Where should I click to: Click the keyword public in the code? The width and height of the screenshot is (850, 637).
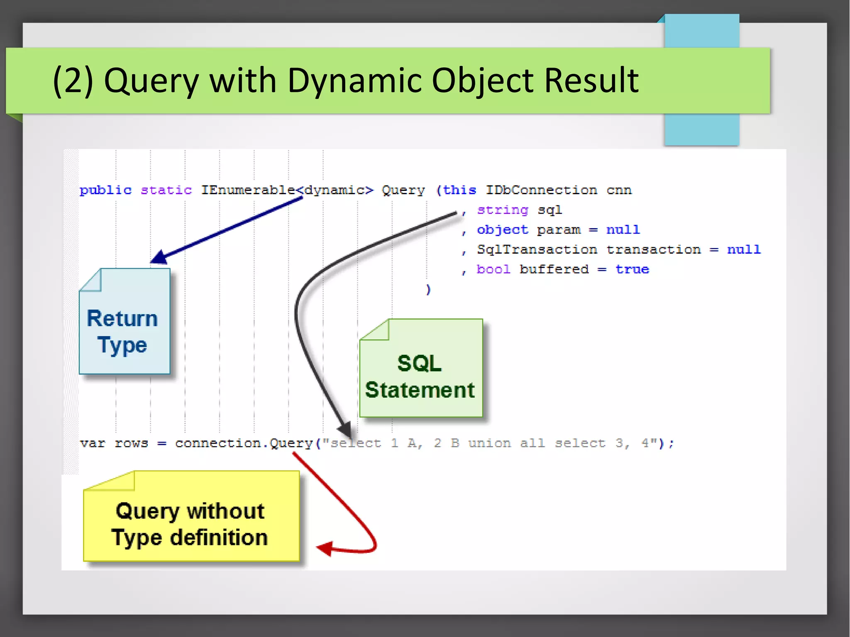(105, 190)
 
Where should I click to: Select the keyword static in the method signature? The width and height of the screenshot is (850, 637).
(166, 190)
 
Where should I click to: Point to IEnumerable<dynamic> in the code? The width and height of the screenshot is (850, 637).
(287, 190)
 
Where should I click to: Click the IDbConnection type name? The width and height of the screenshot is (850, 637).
(541, 190)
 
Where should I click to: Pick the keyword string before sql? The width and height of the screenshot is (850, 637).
(502, 210)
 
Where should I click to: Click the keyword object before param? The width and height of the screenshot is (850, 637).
(502, 230)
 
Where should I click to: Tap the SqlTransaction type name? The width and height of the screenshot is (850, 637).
(537, 250)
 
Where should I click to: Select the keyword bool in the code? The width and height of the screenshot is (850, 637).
(493, 270)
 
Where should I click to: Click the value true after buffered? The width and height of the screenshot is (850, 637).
(632, 270)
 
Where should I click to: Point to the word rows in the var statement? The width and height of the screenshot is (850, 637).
(131, 443)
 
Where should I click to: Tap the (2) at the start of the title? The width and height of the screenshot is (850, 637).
(73, 80)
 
